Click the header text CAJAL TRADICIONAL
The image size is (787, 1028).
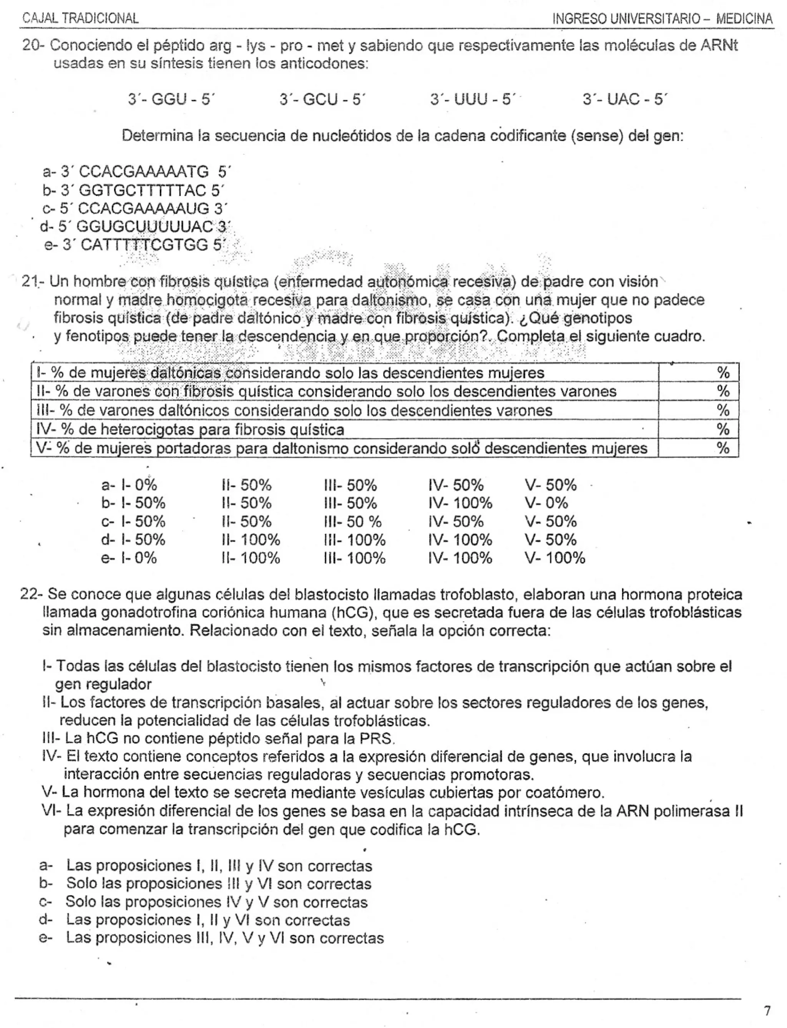pos(81,18)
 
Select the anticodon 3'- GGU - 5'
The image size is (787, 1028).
pos(171,99)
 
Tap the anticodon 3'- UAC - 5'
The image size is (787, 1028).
pos(624,99)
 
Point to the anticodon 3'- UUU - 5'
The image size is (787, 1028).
pos(472,99)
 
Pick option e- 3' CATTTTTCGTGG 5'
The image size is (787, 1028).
pos(136,245)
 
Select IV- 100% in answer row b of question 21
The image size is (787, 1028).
pos(460,503)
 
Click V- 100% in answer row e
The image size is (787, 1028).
pos(555,558)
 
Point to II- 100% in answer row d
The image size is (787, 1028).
pos(251,540)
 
